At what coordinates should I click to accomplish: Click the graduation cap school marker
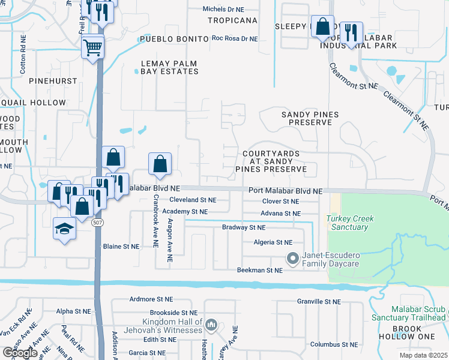click(64, 229)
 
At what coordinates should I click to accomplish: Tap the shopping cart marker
click(93, 47)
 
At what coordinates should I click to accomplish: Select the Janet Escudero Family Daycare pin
click(293, 259)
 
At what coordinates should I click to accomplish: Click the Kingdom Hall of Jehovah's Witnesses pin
click(211, 326)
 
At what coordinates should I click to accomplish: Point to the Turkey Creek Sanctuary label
click(347, 223)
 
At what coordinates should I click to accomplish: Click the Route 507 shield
click(97, 222)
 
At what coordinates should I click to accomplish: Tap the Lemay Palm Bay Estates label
click(169, 67)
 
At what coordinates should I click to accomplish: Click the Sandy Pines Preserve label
click(310, 118)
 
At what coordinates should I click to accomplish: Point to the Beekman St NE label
click(260, 271)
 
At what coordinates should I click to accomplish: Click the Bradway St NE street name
click(243, 228)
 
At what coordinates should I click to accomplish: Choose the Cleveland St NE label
click(192, 199)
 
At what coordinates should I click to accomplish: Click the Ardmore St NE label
click(151, 299)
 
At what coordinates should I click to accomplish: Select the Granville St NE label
click(319, 302)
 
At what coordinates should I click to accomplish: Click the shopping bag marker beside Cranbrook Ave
click(160, 163)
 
